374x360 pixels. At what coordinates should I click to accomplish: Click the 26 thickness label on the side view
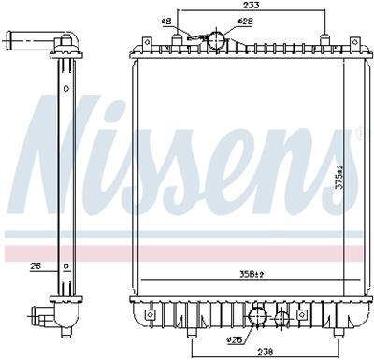pyautogui.click(x=36, y=266)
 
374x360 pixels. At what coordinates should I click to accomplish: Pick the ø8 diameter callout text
pyautogui.click(x=166, y=20)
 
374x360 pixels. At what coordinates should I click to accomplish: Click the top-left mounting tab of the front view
pyautogui.click(x=145, y=44)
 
